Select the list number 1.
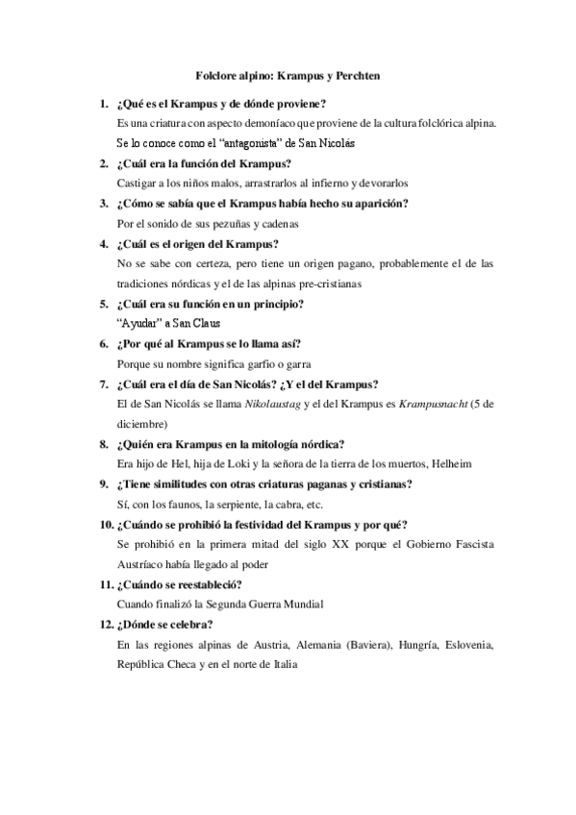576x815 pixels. pos(103,103)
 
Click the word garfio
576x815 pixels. pos(258,364)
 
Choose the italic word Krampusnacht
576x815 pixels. pos(428,405)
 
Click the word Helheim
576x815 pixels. pos(446,463)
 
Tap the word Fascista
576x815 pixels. pos(469,544)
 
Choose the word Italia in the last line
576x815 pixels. pos(284,664)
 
